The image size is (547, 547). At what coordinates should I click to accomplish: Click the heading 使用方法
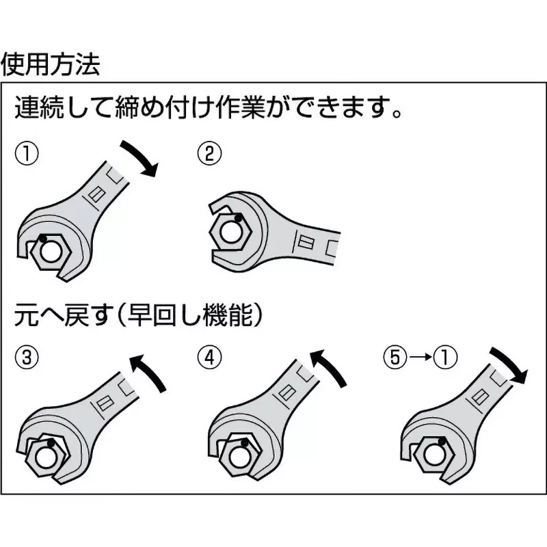click(52, 64)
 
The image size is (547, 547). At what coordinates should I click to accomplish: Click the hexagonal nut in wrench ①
click(49, 252)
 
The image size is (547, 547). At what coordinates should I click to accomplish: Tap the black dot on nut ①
click(42, 239)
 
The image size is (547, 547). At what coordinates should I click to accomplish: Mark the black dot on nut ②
click(237, 219)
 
